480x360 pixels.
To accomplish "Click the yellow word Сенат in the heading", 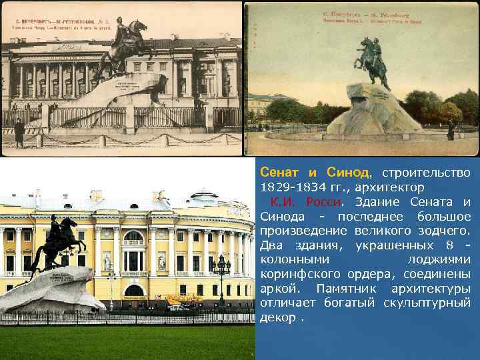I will coord(276,173).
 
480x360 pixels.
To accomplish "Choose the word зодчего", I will coord(445,231).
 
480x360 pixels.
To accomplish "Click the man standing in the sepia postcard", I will coord(19,132).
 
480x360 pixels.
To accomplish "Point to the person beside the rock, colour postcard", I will coord(451,130).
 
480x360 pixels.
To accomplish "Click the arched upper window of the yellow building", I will coord(133,237).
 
